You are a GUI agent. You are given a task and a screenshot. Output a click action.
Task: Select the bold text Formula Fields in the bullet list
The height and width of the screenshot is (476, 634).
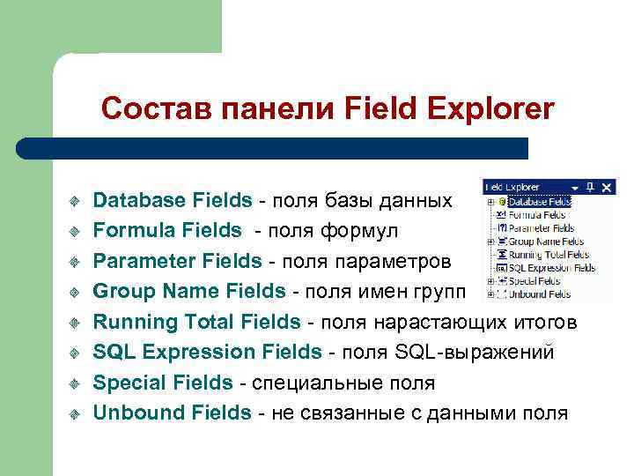(x=167, y=230)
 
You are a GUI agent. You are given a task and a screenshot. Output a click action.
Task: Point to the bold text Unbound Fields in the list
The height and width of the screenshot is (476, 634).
(x=172, y=412)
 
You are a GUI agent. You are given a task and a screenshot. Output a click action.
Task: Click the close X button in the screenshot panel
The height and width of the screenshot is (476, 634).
(x=607, y=187)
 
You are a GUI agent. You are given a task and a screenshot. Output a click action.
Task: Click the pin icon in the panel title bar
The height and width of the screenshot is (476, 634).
(x=591, y=187)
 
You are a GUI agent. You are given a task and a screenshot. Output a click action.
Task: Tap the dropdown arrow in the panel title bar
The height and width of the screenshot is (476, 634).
(x=575, y=187)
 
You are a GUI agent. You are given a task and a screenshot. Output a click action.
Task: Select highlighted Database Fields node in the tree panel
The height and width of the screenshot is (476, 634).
(x=540, y=201)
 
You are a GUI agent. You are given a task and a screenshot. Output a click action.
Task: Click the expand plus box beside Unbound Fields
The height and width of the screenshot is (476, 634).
(x=489, y=294)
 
